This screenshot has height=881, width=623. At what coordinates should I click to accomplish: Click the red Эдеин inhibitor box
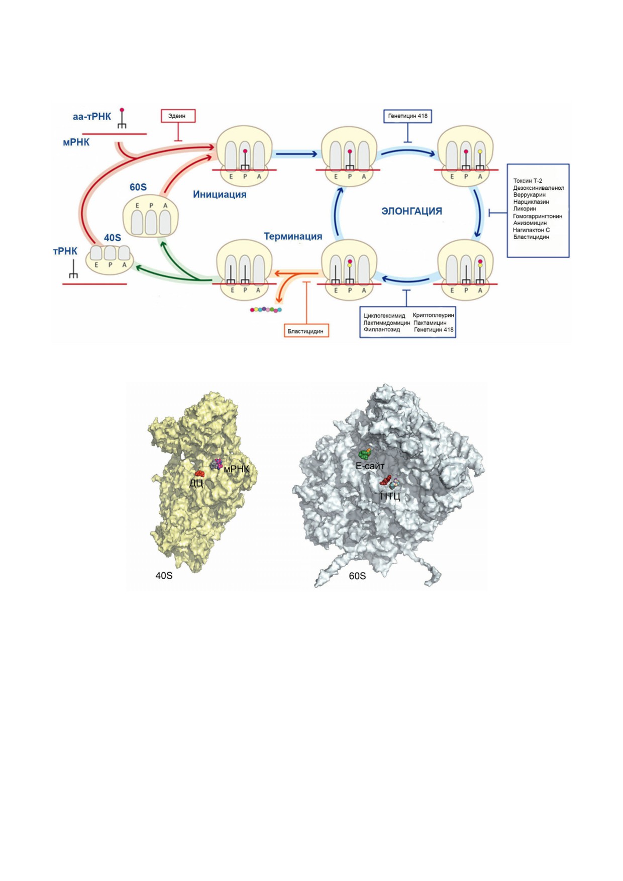178,116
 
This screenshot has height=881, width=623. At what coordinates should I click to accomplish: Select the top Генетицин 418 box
407,116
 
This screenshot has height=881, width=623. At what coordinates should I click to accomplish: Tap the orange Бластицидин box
306,331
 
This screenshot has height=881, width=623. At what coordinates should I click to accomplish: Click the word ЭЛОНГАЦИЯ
412,211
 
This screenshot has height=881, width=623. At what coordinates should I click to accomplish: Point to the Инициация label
220,194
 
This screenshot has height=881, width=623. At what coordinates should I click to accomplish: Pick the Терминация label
293,236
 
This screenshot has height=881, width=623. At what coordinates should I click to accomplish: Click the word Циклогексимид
384,316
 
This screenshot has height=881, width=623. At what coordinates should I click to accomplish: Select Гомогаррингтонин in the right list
538,216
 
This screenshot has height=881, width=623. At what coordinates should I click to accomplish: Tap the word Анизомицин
530,223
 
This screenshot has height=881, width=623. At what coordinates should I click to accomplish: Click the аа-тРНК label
92,117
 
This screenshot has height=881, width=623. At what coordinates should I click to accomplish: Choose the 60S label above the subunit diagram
138,187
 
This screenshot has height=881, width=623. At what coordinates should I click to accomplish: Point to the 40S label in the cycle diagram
113,238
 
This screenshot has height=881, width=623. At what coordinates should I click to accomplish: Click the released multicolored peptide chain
266,310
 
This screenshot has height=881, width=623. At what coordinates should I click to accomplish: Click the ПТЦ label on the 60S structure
390,497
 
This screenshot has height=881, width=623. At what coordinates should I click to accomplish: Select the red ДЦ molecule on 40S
199,474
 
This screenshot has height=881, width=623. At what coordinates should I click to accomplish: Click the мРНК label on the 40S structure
237,469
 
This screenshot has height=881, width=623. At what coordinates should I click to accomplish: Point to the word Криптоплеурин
433,315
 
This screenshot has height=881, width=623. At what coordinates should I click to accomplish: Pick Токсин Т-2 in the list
528,181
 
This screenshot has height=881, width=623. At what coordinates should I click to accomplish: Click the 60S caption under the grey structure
357,576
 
